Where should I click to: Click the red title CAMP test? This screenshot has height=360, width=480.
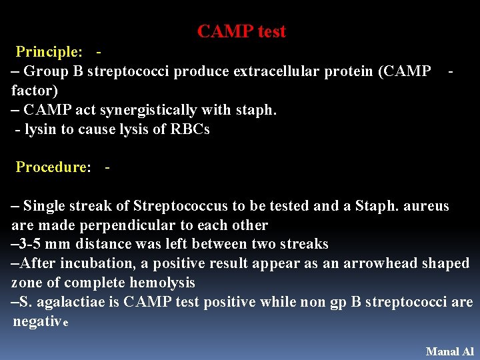(241, 31)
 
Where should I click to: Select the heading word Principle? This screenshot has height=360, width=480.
(49, 52)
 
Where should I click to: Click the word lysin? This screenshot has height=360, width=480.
(41, 129)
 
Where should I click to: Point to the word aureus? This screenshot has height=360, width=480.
(425, 206)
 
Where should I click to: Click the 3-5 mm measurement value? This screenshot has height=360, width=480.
(43, 244)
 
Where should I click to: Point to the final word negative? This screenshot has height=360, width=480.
(40, 322)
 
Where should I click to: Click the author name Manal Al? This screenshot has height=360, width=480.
(449, 351)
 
